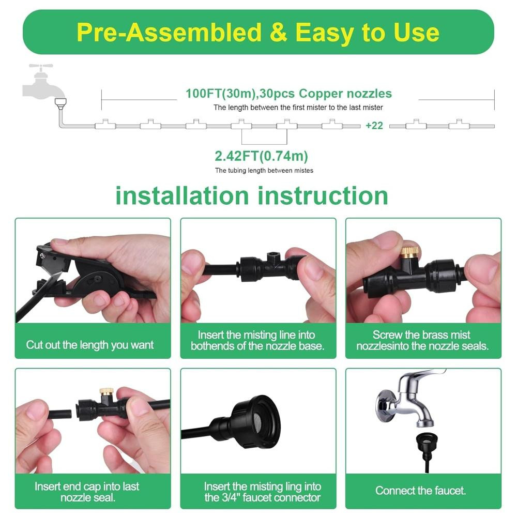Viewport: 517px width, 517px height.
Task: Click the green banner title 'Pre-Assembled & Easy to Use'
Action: [x=258, y=32]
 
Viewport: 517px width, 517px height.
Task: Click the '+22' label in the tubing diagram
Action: [x=374, y=126]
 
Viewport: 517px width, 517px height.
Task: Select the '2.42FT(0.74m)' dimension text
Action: [x=261, y=156]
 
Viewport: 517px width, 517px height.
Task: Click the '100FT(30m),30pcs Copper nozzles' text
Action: [x=288, y=94]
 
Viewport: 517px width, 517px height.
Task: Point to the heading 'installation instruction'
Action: [x=252, y=196]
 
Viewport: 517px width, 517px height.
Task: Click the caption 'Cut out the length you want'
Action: [x=89, y=345]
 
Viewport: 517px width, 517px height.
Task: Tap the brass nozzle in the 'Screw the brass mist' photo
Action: [x=409, y=252]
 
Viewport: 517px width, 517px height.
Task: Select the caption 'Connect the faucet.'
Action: [x=420, y=491]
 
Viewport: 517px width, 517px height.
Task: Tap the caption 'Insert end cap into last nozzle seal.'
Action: [x=87, y=492]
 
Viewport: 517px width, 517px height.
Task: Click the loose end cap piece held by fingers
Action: [x=59, y=414]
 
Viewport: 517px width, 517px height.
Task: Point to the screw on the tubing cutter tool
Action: [x=42, y=255]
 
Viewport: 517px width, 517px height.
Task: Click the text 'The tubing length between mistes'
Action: [x=264, y=171]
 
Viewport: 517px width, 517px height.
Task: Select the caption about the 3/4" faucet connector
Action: [x=263, y=492]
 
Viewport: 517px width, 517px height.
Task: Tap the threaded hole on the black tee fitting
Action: [x=273, y=255]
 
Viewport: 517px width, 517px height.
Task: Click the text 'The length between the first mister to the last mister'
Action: [x=298, y=108]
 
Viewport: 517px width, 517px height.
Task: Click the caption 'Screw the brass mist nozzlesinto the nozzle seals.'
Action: [x=422, y=340]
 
